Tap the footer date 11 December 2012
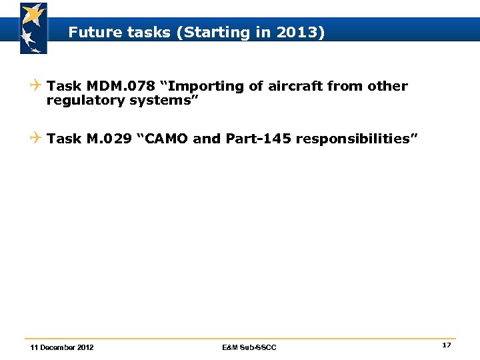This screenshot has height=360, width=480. click(x=62, y=347)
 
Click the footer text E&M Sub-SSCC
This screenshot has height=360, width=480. click(x=249, y=347)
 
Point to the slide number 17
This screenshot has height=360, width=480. click(x=446, y=345)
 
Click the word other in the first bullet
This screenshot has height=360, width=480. click(x=387, y=86)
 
